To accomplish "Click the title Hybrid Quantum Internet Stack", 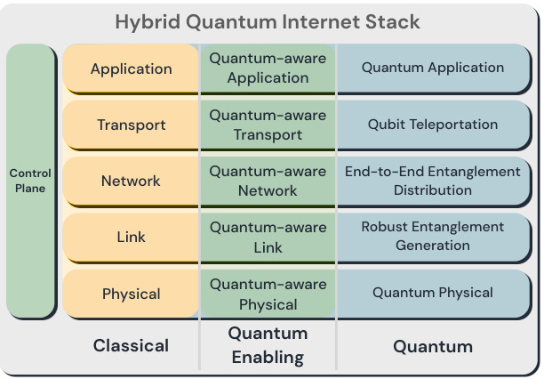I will [272, 21].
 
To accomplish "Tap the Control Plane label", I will [30, 181].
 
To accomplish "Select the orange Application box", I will [132, 69].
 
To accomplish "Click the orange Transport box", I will [132, 125].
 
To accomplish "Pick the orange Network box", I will [132, 181].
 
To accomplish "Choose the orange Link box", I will [132, 237].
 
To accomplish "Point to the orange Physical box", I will [132, 294].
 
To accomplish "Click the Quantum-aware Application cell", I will [268, 68].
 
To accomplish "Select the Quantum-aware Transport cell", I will [268, 125].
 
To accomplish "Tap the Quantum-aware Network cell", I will [268, 181].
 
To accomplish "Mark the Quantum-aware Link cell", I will [268, 237].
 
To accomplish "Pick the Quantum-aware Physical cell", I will [268, 294].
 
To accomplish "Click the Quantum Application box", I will [433, 68].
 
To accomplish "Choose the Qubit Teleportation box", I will [433, 125].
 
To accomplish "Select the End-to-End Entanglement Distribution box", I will [433, 181].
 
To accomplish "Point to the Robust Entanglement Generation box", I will [433, 237].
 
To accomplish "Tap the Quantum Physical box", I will [433, 293].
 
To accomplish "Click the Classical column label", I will [132, 345].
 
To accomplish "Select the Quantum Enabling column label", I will [268, 346].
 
